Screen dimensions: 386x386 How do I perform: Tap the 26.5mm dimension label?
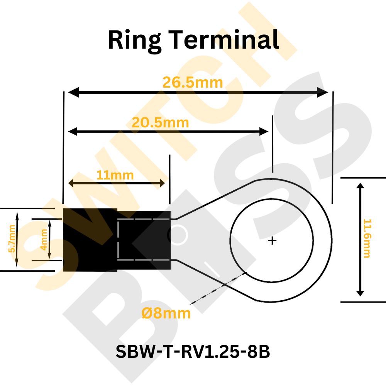pos(193,82)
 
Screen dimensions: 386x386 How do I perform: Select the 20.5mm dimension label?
pos(160,123)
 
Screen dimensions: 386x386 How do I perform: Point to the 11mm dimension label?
pos(115,175)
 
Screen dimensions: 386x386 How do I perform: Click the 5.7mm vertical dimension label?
pos(12,239)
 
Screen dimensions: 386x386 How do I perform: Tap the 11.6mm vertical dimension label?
pos(367,239)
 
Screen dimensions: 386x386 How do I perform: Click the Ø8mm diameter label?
pos(166,313)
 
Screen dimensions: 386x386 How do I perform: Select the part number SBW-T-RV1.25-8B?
pos(193,352)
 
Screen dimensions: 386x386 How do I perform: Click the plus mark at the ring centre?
pos(273,241)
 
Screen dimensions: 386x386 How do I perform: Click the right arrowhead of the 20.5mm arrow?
pos(264,131)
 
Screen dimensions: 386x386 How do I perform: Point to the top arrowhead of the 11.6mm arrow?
pos(360,187)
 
